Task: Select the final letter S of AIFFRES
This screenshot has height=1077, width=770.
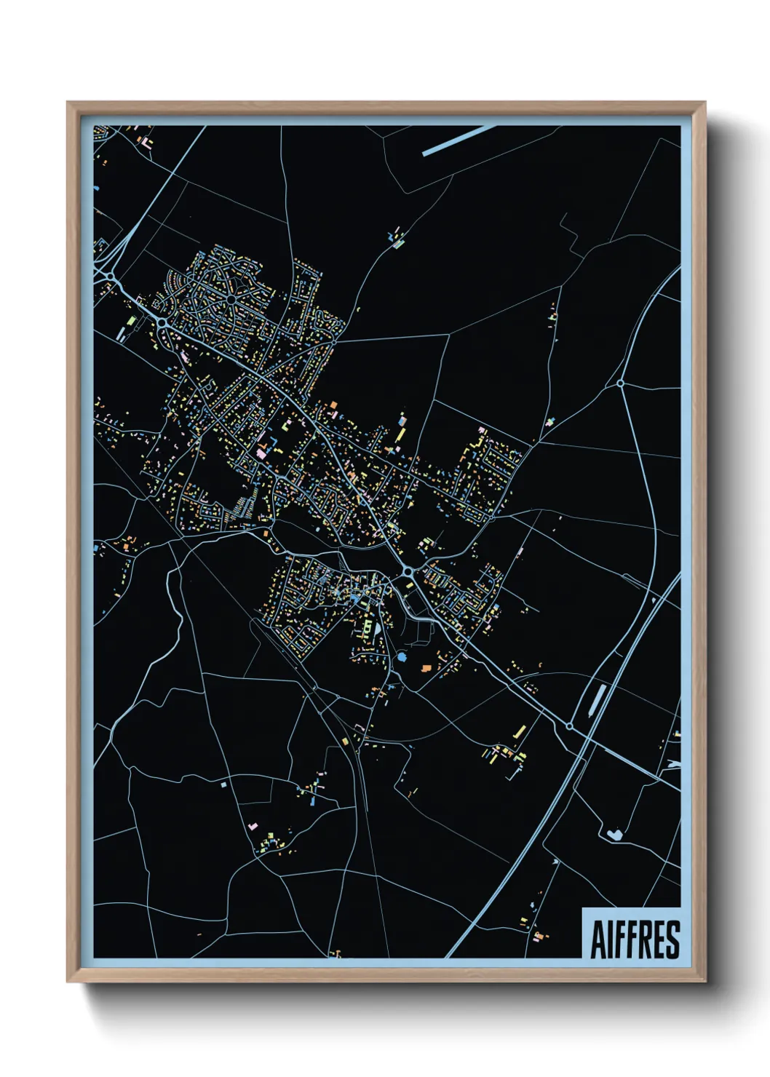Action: pos(672,939)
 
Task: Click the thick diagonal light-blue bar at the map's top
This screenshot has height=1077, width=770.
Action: pos(459,140)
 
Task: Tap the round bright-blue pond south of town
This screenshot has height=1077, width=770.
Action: pos(401,658)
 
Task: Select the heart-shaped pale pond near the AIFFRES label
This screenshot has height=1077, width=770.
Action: pos(613,835)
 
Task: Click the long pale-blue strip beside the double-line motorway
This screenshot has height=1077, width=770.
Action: pos(598,699)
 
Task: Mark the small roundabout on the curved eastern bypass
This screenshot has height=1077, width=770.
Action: pos(620,383)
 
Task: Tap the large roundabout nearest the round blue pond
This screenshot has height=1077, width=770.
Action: pos(408,573)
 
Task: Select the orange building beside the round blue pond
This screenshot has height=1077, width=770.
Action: pos(426,667)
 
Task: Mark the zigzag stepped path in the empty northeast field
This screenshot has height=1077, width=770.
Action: pos(568,233)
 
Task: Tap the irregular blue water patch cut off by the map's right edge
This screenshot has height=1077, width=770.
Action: pos(674,764)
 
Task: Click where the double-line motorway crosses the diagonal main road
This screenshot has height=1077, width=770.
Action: pos(586,736)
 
